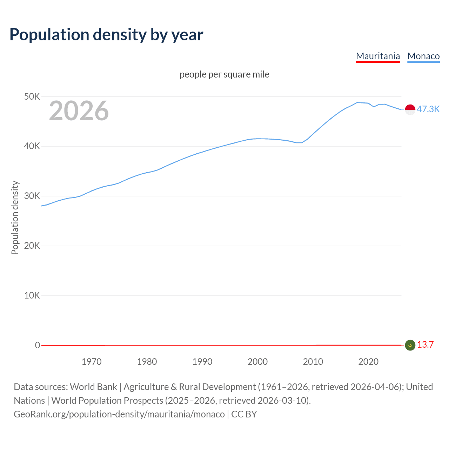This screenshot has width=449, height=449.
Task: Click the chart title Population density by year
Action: [x=106, y=34]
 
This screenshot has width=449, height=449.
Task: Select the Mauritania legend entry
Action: [x=378, y=56]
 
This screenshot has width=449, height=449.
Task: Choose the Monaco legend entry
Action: [x=423, y=56]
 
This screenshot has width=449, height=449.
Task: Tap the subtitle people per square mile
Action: [x=224, y=74]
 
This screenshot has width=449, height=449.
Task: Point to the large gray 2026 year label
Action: [x=79, y=111]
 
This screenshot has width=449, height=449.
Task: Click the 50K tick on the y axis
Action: [x=32, y=96]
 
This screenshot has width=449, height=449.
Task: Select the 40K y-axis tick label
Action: [x=32, y=146]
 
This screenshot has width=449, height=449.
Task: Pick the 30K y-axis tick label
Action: [x=32, y=196]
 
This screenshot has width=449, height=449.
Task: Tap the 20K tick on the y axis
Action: [x=32, y=246]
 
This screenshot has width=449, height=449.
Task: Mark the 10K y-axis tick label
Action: [x=32, y=295]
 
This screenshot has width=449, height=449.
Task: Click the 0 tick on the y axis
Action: [x=38, y=345]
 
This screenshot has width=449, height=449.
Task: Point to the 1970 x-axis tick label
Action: [x=92, y=362]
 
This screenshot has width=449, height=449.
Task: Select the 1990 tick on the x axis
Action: [x=202, y=362]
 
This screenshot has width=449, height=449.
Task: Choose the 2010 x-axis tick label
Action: [x=313, y=362]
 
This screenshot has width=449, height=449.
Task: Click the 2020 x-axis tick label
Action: [x=368, y=362]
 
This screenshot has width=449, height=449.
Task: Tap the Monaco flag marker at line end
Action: [x=410, y=109]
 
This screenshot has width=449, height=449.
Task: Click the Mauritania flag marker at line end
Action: [x=410, y=345]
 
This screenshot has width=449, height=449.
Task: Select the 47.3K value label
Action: [x=428, y=109]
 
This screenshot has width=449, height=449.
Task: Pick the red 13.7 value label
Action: [x=425, y=344]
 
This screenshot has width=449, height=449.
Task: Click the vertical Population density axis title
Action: [x=15, y=217]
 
